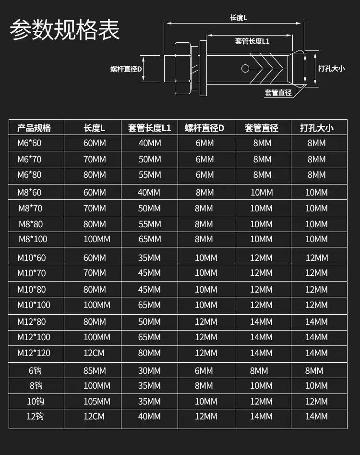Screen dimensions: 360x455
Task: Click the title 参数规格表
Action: click(x=65, y=30)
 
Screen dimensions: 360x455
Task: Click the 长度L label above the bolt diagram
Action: click(x=239, y=18)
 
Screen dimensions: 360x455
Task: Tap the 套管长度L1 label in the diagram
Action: click(x=252, y=41)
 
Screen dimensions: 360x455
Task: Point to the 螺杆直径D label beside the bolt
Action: click(x=126, y=69)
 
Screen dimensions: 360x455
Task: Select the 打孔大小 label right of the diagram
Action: click(x=331, y=69)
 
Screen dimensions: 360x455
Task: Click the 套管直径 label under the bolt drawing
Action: click(x=278, y=93)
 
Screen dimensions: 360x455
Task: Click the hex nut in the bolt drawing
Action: click(x=182, y=68)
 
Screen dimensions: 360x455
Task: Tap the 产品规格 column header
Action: click(x=34, y=128)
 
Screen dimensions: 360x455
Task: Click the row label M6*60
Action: click(x=29, y=143)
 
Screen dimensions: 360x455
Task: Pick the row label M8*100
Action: click(x=33, y=239)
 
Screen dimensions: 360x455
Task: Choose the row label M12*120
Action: click(x=34, y=353)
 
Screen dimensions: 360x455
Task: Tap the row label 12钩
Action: click(x=35, y=416)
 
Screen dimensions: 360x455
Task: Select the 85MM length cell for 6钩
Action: click(x=95, y=370)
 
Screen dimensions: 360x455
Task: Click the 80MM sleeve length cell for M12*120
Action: click(x=149, y=353)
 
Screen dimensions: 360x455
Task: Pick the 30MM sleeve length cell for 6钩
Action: click(x=149, y=370)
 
